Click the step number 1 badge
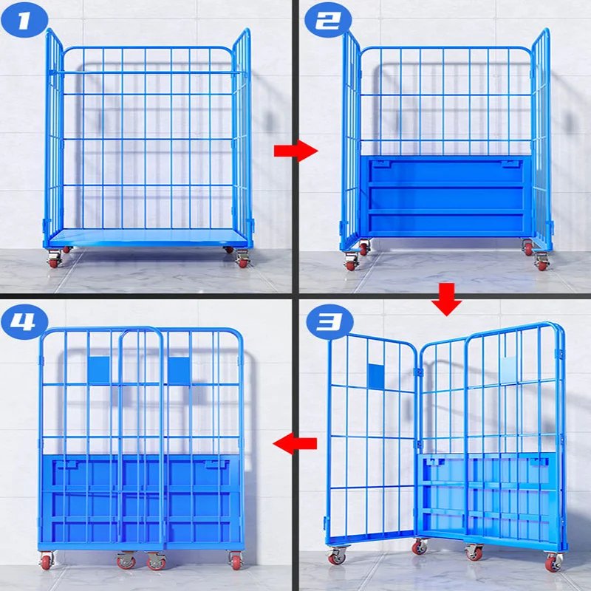(x=24, y=19)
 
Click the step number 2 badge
(x=327, y=19)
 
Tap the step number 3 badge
(x=329, y=321)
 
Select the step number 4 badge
(x=24, y=321)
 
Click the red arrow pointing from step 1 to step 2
(x=296, y=151)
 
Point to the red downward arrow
(x=447, y=300)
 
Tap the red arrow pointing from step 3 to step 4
(x=295, y=444)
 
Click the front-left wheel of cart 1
(x=54, y=260)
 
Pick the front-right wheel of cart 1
(x=242, y=260)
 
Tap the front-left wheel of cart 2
(x=352, y=262)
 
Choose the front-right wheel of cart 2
(x=542, y=262)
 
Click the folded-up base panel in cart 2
(x=446, y=197)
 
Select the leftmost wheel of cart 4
(x=47, y=560)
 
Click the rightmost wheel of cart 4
(x=236, y=560)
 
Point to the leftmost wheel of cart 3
(x=337, y=556)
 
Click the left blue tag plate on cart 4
(x=99, y=371)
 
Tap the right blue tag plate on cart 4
(x=179, y=371)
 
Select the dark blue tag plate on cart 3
(x=375, y=376)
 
